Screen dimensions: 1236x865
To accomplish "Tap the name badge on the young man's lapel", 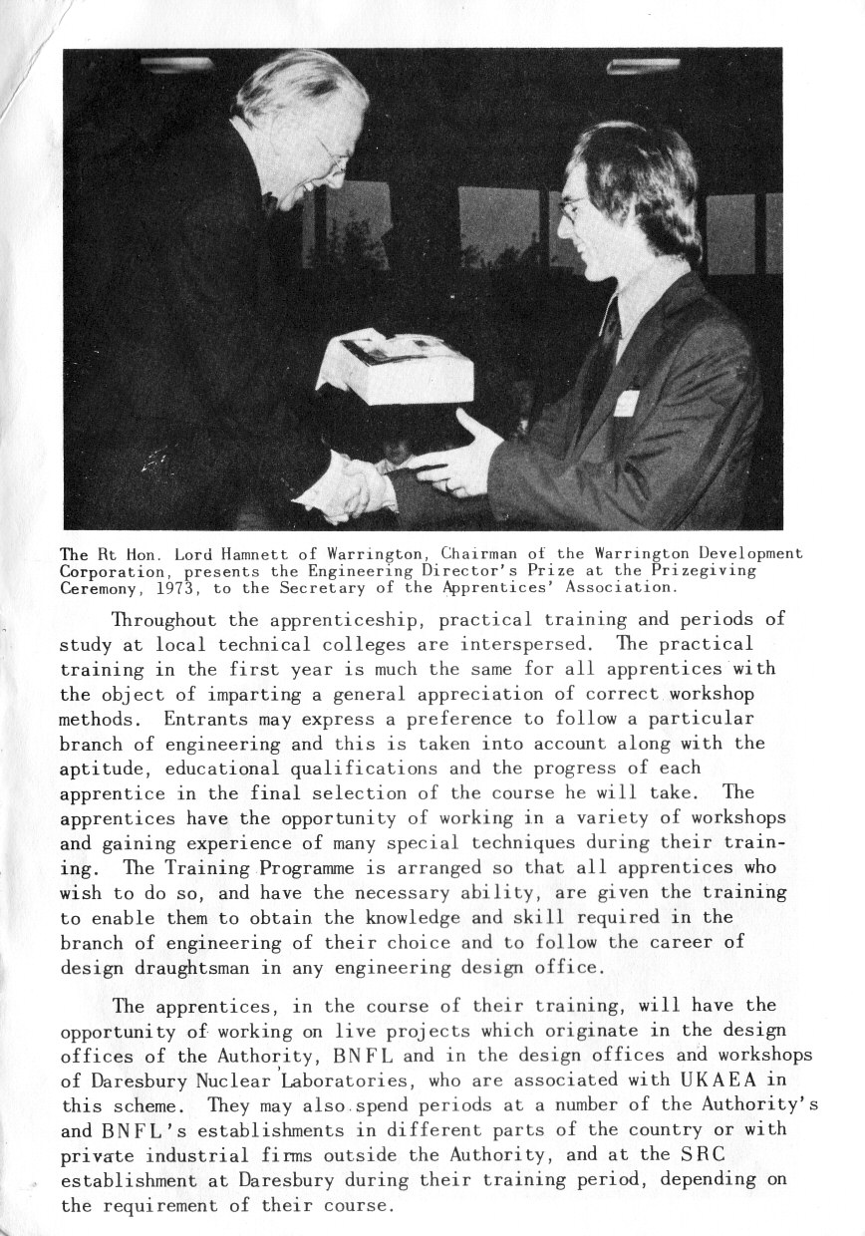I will point(627,402).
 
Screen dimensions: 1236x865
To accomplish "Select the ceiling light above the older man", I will point(176,64).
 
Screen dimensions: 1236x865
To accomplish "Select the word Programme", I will point(275,867).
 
